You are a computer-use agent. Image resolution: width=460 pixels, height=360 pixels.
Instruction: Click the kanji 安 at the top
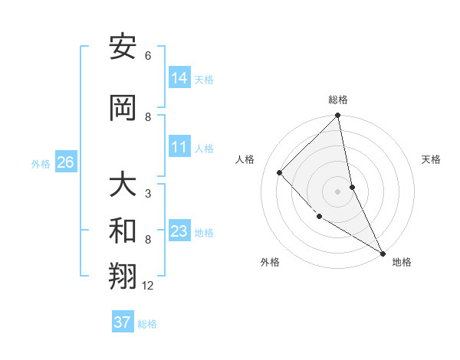[123, 47]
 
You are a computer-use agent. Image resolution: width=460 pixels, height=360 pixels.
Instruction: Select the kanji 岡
[123, 108]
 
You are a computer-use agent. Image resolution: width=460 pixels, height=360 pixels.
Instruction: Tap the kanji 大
[123, 185]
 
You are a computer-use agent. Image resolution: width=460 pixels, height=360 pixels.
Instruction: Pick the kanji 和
[123, 231]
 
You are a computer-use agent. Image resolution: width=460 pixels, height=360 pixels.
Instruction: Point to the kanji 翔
[123, 277]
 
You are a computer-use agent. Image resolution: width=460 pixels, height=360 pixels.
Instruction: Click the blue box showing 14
[179, 77]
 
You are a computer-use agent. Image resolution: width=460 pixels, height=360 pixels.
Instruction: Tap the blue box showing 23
[179, 231]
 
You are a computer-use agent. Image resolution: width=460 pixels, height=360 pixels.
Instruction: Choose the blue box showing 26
[65, 162]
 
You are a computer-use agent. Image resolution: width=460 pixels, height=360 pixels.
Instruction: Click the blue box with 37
[122, 322]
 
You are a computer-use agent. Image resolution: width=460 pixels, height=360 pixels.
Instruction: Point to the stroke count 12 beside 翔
[148, 286]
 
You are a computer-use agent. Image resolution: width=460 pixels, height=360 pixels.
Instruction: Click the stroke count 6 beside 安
[148, 56]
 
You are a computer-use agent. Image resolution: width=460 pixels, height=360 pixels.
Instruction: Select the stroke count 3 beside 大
[148, 194]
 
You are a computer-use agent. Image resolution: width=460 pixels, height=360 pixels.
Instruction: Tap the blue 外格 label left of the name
[41, 163]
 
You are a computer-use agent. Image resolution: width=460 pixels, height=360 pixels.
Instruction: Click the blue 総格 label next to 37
[147, 324]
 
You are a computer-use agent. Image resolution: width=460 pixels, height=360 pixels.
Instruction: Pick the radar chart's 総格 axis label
[338, 100]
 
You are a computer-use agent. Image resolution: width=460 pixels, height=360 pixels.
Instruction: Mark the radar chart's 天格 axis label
[432, 159]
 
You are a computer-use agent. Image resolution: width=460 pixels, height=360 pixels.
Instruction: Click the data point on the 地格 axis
[383, 252]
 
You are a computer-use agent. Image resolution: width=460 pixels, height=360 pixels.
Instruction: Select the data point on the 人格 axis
[280, 172]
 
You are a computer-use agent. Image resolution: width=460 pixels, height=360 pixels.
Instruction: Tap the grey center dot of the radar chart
[337, 191]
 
